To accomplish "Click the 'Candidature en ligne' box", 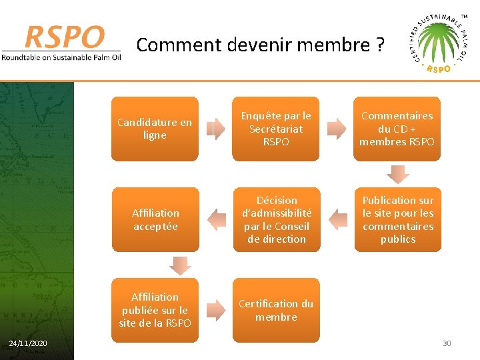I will point(155,129).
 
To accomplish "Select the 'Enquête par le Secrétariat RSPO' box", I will point(275,129).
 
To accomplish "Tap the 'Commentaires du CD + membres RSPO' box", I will point(397,129).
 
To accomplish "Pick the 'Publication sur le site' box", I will point(397,219).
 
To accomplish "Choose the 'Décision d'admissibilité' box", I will point(277,219).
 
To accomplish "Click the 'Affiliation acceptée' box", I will point(155,219).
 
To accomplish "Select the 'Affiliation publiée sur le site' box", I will point(155,310).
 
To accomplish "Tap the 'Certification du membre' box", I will point(275,310).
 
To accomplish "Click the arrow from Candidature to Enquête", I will point(215,129).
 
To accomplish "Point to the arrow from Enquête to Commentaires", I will point(337,129).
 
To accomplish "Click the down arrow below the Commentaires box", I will point(398,174).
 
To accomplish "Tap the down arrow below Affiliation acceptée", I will point(180,265).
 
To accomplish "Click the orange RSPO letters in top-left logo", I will point(64,37).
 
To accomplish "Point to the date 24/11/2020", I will point(28,343).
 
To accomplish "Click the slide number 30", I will point(447,343).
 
